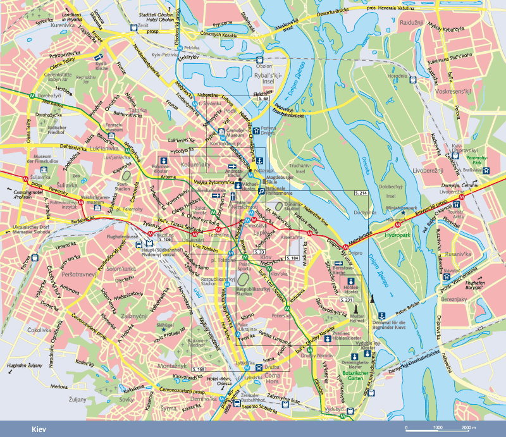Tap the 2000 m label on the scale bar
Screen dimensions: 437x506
click(468, 428)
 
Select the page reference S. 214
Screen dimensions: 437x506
click(361, 192)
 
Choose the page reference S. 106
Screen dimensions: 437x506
click(165, 240)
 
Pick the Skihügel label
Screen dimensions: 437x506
click(164, 323)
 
